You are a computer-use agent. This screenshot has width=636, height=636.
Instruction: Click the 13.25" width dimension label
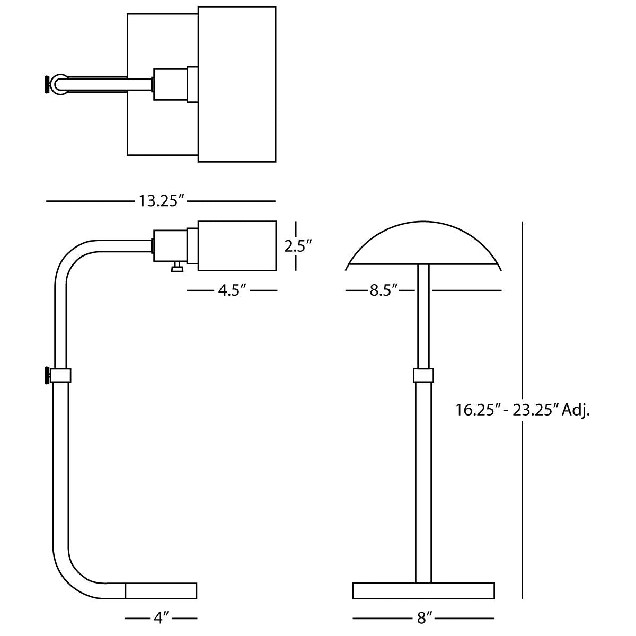pyautogui.click(x=161, y=201)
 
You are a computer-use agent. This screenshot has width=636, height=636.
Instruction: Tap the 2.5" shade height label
pyautogui.click(x=298, y=246)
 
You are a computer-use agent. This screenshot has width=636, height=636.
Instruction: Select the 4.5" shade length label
pyautogui.click(x=232, y=290)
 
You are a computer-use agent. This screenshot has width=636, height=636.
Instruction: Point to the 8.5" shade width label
pyautogui.click(x=383, y=290)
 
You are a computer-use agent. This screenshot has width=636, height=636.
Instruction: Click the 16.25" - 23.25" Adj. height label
pyautogui.click(x=523, y=410)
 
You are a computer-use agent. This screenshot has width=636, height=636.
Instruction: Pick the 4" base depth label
pyautogui.click(x=161, y=616)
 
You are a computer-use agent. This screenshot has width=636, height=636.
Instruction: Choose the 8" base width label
pyautogui.click(x=423, y=616)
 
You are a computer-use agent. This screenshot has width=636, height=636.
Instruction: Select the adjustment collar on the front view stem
pyautogui.click(x=423, y=375)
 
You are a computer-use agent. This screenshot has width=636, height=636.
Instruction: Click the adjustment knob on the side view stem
pyautogui.click(x=48, y=375)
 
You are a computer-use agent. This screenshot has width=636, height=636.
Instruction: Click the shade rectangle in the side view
pyautogui.click(x=237, y=246)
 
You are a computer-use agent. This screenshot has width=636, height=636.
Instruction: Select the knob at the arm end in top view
pyautogui.click(x=48, y=85)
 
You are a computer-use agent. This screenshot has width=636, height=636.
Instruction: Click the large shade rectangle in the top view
pyautogui.click(x=237, y=84)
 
